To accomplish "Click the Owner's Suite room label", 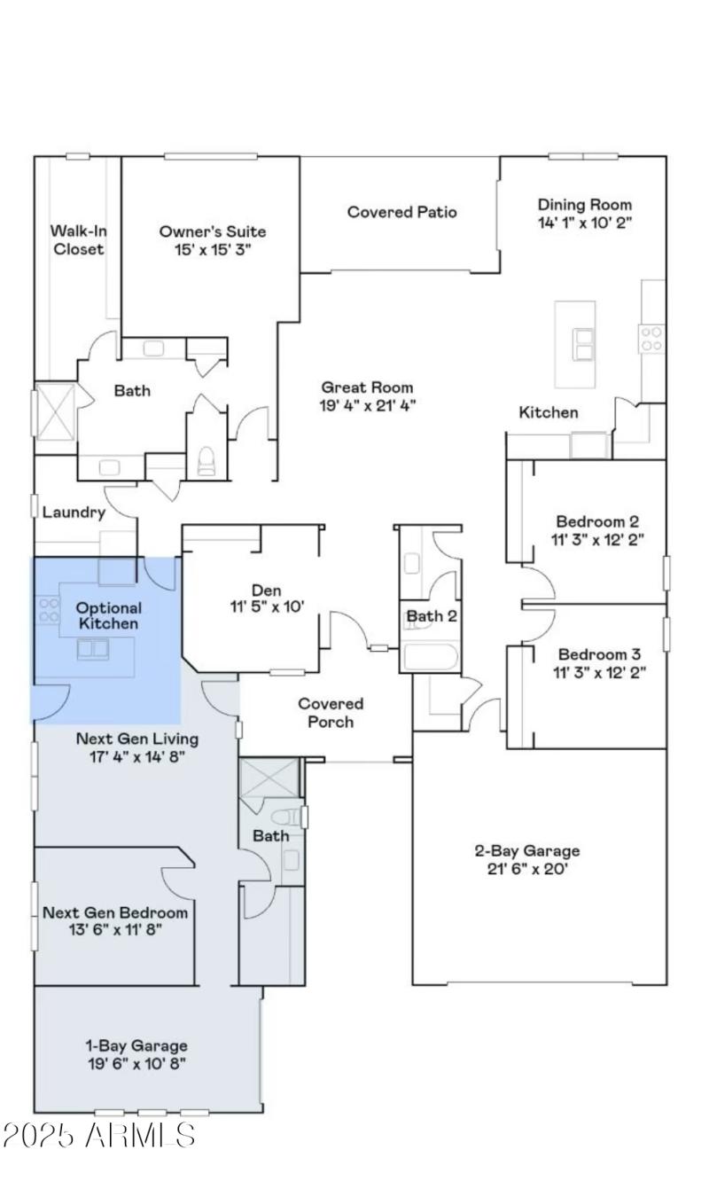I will point(212,231).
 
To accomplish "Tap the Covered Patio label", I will point(401,212).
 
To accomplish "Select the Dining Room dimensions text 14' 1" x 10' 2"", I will point(585,222).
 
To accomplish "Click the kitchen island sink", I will point(583,344).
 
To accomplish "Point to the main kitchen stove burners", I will point(651,339).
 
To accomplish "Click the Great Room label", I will point(367,387).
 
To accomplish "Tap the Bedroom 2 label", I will point(597,521).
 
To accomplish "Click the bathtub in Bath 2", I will point(430,658).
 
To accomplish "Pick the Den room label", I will point(266,590).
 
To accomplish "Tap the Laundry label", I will point(74,512).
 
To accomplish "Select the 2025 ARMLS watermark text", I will point(99,1136).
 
